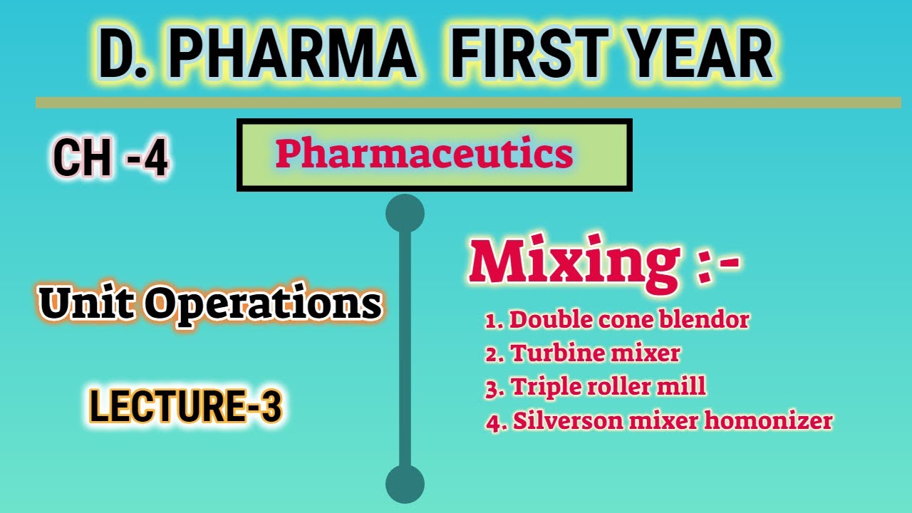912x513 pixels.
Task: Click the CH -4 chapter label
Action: point(110,158)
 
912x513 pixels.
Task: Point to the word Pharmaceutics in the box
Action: point(424,153)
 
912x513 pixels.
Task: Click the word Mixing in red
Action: point(574,262)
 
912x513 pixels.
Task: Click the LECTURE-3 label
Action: point(185,408)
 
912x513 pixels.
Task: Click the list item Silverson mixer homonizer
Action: point(659,420)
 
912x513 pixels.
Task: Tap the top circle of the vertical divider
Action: point(405,213)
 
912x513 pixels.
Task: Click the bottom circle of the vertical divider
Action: point(405,484)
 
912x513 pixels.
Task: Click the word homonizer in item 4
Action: point(769,420)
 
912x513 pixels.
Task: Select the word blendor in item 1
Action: point(710,320)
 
